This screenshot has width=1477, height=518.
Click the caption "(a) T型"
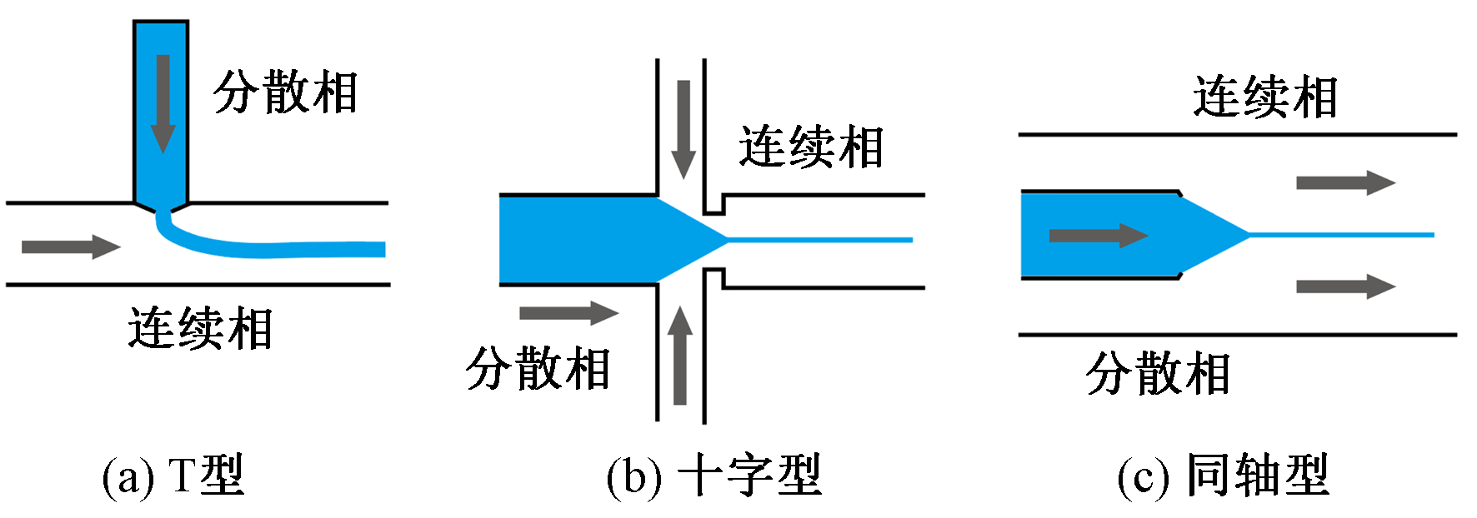click(x=173, y=476)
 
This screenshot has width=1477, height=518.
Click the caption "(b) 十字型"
click(x=713, y=476)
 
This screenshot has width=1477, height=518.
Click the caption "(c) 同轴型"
click(x=1223, y=476)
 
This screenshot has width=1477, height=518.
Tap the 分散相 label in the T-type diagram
click(x=285, y=92)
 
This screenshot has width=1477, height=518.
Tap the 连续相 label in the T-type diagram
click(x=200, y=329)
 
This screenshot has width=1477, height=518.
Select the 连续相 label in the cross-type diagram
click(x=810, y=148)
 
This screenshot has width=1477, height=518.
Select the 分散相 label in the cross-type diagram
click(x=538, y=369)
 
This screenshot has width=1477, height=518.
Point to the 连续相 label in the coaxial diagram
click(x=1264, y=97)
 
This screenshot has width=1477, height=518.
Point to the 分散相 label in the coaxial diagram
click(x=1158, y=374)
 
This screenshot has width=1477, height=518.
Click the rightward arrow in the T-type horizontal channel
click(x=71, y=247)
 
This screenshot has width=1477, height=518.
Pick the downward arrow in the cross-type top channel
click(x=683, y=129)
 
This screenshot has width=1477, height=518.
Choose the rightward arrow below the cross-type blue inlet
click(x=568, y=313)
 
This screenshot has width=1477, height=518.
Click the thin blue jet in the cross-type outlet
click(x=821, y=240)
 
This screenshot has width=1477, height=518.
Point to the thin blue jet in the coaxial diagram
click(x=1342, y=235)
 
